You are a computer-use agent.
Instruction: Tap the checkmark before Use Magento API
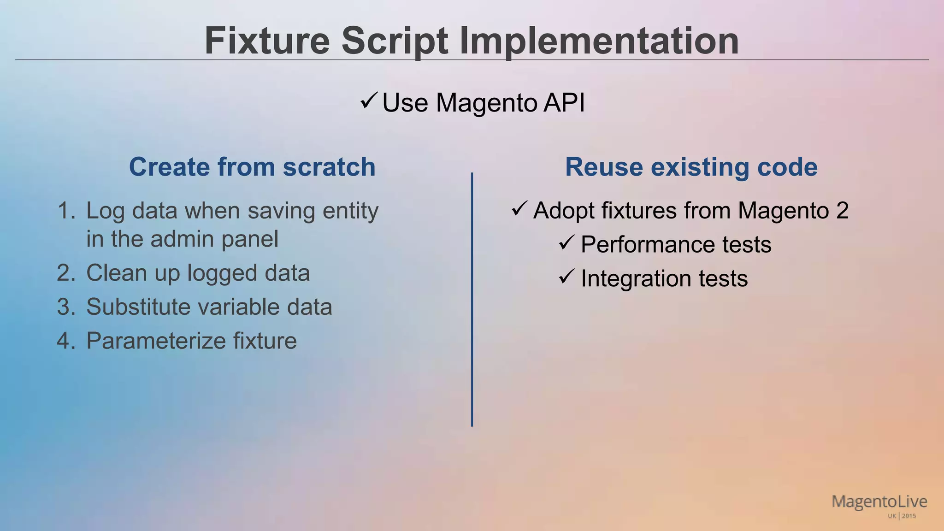369,100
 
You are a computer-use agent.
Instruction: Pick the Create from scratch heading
252,167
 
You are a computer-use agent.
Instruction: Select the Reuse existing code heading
691,167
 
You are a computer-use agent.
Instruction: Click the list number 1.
66,211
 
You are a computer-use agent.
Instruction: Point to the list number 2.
66,273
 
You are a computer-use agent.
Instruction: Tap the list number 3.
66,307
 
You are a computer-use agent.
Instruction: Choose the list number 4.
66,341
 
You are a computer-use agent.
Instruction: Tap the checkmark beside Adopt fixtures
519,209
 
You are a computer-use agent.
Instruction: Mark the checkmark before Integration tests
566,276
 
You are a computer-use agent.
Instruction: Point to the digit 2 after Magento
842,211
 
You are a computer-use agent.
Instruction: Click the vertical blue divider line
472,300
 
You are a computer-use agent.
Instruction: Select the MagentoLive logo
879,502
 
